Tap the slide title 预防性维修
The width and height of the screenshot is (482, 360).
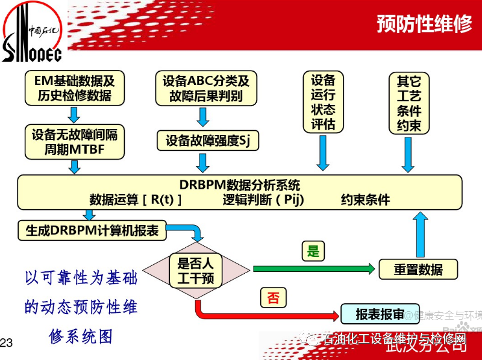(x=424, y=24)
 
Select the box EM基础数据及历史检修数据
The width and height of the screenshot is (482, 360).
(x=74, y=88)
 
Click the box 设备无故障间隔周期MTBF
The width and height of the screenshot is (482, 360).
(x=74, y=142)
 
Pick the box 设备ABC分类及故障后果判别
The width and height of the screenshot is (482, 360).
(x=205, y=88)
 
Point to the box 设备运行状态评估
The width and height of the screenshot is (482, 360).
(x=322, y=102)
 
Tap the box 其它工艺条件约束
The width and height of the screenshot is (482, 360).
(x=409, y=103)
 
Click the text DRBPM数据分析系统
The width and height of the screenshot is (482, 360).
(x=239, y=185)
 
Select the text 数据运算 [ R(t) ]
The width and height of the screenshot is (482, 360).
(x=136, y=200)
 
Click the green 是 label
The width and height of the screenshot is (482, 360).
(x=313, y=251)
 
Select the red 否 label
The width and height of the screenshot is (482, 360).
(x=274, y=298)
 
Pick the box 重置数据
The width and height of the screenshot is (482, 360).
(x=418, y=269)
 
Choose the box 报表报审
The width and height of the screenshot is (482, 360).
(x=380, y=314)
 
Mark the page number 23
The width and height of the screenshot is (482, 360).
(x=7, y=343)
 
